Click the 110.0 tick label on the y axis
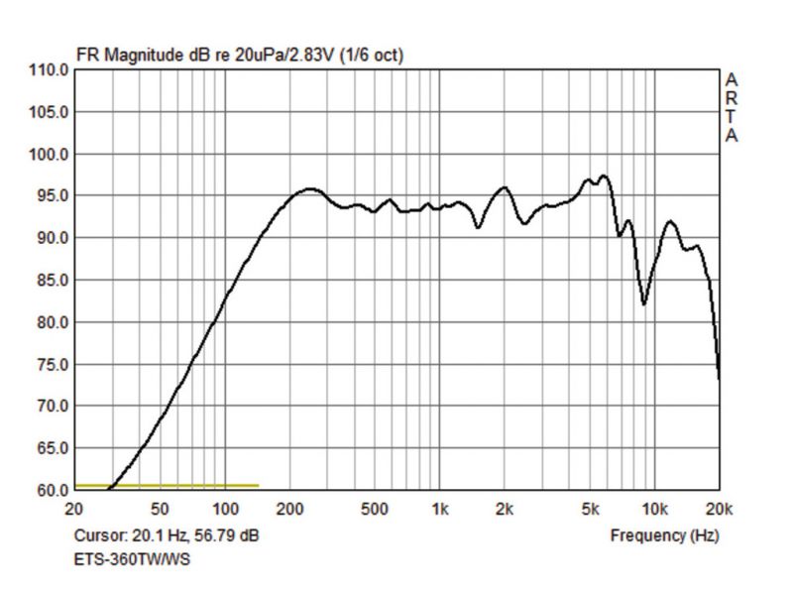[x=51, y=70]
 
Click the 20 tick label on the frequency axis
[x=73, y=510]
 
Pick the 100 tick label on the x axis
[x=226, y=510]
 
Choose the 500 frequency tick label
[x=375, y=510]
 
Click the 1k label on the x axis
[x=439, y=510]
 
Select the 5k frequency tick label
[x=591, y=510]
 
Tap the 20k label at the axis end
[x=719, y=510]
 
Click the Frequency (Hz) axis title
[x=664, y=535]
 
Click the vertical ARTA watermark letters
[x=732, y=107]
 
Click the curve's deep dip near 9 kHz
[x=644, y=303]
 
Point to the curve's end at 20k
[x=719, y=377]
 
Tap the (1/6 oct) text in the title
[x=372, y=55]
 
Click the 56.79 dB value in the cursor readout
[x=229, y=535]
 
